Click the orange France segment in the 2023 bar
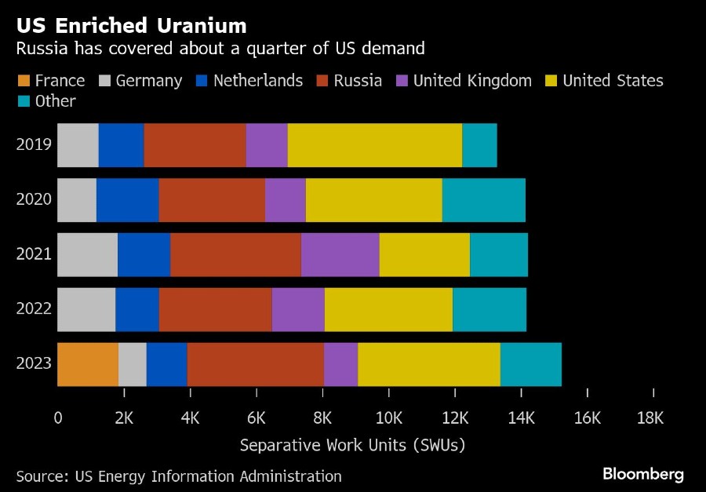coord(88,364)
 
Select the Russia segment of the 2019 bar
coord(195,145)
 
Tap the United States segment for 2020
coord(373,200)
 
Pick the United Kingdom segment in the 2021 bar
coord(340,255)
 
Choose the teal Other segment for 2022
coord(489,309)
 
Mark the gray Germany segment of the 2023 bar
coord(133,364)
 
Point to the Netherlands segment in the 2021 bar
coord(144,255)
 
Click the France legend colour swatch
coord(23,81)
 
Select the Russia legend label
coord(358,81)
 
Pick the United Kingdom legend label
coord(472,81)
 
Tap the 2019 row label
coord(34,145)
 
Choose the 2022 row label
coord(34,309)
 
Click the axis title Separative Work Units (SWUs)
coord(352,445)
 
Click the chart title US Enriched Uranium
coord(132,25)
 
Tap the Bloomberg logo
coord(642,474)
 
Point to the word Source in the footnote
coord(40,476)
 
